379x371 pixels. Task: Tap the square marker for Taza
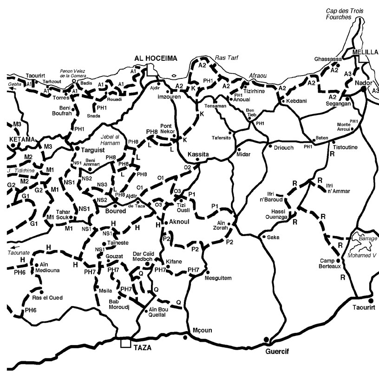[x=125, y=344]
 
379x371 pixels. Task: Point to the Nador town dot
[x=363, y=88]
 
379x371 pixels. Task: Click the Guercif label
[x=277, y=352]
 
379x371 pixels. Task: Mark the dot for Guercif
[x=266, y=339]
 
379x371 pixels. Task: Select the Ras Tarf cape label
[x=226, y=58]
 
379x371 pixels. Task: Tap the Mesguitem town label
[x=218, y=277]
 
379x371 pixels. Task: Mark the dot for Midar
[x=238, y=149]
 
